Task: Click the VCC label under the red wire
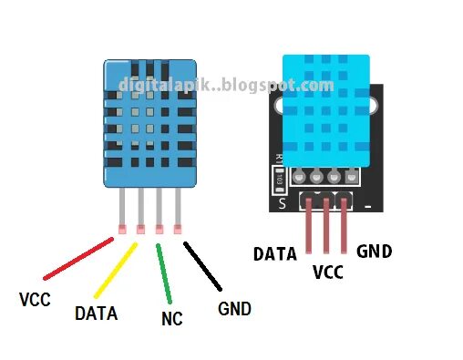(x=35, y=298)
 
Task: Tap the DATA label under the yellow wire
(x=96, y=314)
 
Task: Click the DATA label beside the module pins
(x=275, y=253)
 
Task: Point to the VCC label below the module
(x=327, y=271)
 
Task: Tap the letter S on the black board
(x=283, y=203)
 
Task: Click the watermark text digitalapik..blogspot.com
(x=226, y=86)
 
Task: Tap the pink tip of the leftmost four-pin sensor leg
(x=119, y=229)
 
